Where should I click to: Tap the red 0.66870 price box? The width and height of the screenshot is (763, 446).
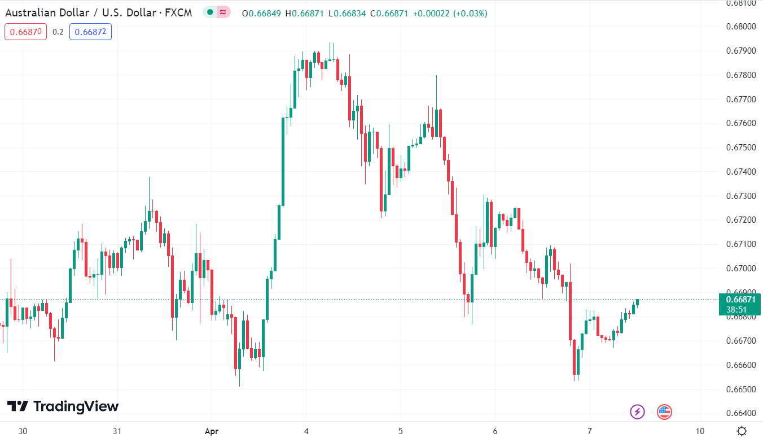pos(25,32)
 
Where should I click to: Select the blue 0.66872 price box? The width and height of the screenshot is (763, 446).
pos(90,32)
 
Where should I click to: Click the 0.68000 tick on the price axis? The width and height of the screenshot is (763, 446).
pos(740,27)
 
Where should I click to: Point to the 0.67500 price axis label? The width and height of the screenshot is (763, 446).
pos(740,148)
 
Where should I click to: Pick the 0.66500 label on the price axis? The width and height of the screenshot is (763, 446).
pos(740,389)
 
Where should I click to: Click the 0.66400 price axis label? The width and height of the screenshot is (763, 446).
pos(740,414)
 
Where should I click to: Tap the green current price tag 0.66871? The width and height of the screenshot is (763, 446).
pos(740,300)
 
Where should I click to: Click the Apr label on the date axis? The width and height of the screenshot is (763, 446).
pos(211,431)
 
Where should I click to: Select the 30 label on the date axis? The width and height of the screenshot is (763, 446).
pos(23,431)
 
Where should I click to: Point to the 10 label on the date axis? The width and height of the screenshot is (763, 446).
pos(700,431)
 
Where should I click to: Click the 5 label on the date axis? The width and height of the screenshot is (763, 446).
pos(400,431)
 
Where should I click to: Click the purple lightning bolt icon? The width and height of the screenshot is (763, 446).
pos(637,412)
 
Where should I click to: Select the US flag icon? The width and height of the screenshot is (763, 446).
pos(664,412)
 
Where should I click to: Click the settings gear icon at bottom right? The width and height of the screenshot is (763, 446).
pos(742,431)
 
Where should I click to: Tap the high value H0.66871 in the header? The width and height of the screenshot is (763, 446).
pos(305,13)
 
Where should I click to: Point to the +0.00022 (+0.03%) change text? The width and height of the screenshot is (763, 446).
pos(450,13)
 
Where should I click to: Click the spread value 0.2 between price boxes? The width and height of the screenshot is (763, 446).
pos(58,32)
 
